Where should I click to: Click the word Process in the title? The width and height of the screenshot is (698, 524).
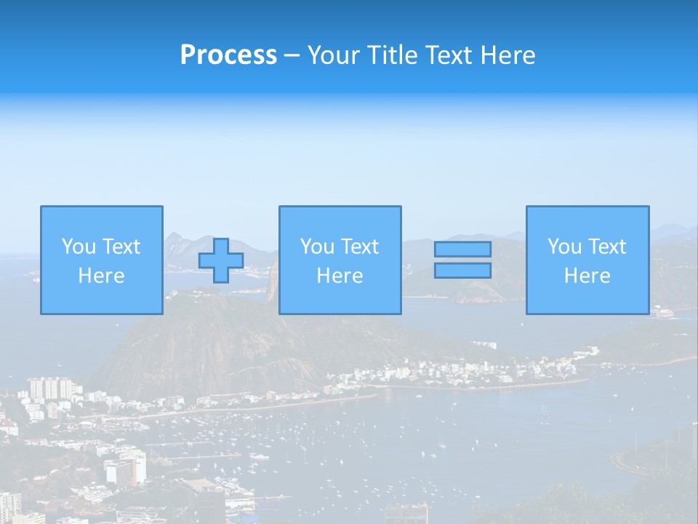click(228, 55)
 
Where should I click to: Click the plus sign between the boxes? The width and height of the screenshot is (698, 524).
click(221, 261)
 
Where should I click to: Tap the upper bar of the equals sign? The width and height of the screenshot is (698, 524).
click(462, 249)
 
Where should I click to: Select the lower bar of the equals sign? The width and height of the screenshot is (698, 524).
click(462, 270)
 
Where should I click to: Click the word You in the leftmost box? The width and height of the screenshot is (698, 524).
click(79, 247)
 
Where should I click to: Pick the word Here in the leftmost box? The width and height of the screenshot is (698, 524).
click(101, 276)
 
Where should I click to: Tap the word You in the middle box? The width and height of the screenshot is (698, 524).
click(318, 247)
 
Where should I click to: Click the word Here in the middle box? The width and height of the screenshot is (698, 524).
click(340, 276)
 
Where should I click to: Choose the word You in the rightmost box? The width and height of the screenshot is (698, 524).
click(565, 247)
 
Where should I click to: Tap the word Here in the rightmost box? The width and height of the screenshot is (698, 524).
click(587, 276)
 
